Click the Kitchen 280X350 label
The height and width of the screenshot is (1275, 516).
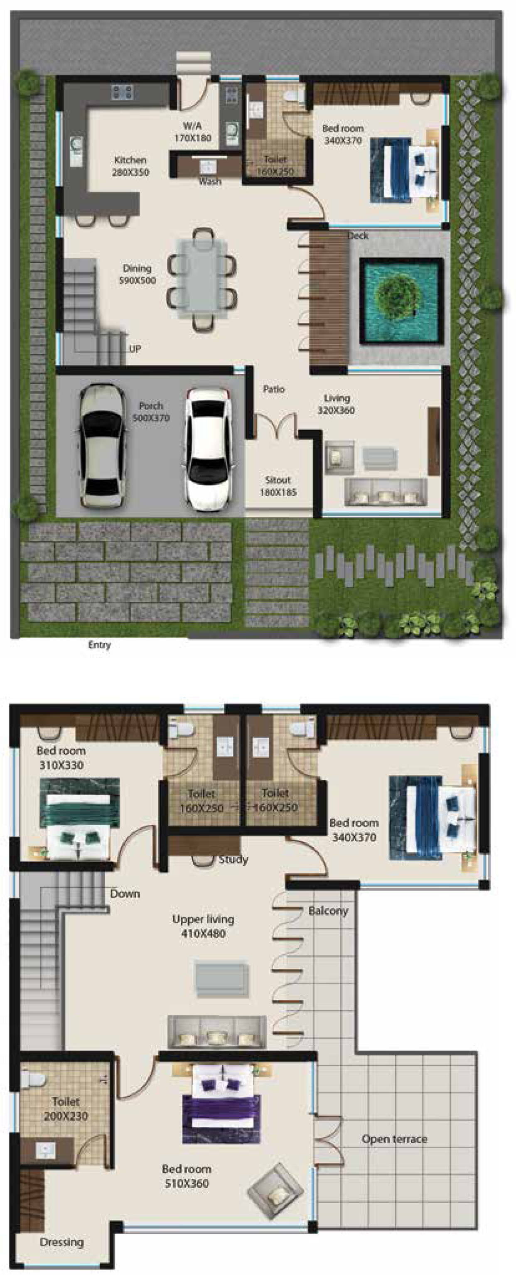pos(130,166)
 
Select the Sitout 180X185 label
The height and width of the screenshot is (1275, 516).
pos(278,486)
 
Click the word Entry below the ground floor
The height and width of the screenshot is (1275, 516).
pos(100,645)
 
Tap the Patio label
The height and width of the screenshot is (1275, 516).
pos(274,390)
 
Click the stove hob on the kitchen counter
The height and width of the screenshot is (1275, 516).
pos(122,92)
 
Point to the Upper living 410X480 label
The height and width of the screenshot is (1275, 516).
pos(203,926)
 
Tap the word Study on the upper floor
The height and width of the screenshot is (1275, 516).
pos(233,859)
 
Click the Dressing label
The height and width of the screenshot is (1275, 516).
pos(62,1242)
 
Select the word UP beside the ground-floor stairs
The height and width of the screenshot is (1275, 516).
pos(135,349)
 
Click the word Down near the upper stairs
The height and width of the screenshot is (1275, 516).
pos(125,893)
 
